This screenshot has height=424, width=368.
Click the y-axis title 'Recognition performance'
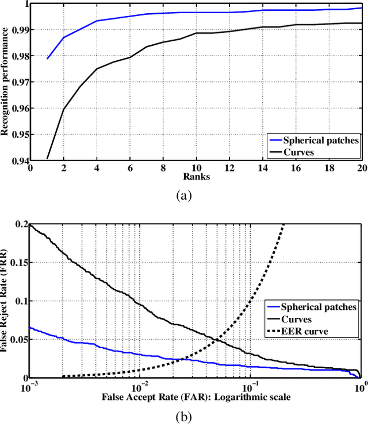[5, 81]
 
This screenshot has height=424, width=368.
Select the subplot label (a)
[184, 196]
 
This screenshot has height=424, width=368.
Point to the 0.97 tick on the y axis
[17, 81]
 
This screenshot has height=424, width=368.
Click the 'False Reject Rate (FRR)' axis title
[5, 300]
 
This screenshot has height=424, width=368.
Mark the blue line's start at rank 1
[47, 59]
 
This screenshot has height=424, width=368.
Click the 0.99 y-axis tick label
[17, 29]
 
